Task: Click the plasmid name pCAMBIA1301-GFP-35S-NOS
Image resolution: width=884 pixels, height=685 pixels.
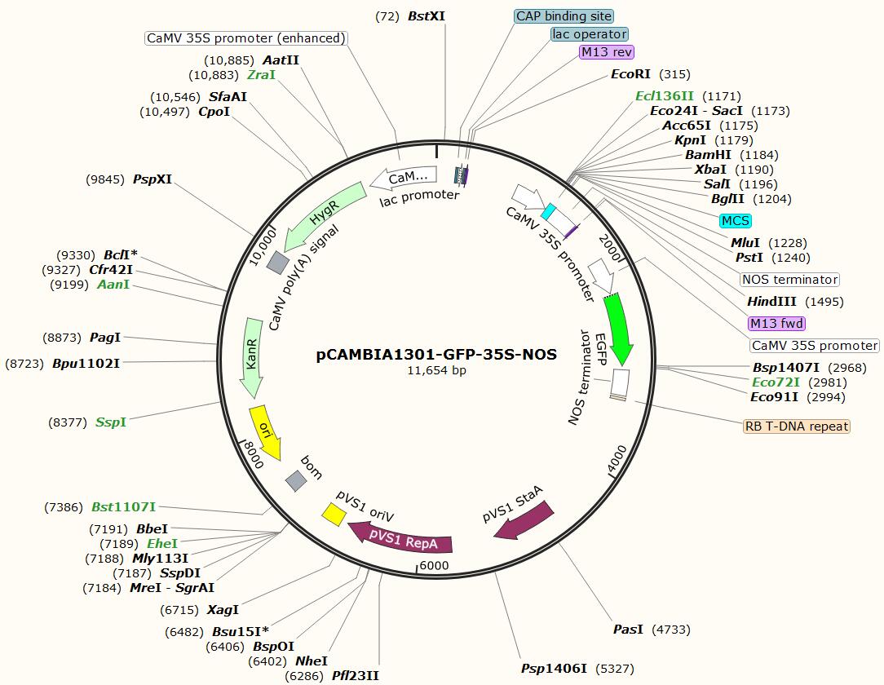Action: coord(436,355)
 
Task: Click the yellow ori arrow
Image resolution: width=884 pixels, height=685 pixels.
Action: coord(265,431)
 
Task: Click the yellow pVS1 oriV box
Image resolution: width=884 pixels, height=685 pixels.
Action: coord(333,514)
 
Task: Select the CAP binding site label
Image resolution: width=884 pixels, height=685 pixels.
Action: coord(564,15)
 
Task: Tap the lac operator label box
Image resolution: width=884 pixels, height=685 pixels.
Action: coord(590,34)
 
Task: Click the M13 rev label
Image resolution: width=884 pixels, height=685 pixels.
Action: coord(607,52)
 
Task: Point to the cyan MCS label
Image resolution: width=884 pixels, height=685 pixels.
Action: coord(735,221)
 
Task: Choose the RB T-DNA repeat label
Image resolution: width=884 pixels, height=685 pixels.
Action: coord(796,426)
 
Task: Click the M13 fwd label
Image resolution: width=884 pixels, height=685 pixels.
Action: coord(776,324)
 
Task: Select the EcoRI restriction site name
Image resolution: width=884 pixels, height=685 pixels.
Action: coord(631,74)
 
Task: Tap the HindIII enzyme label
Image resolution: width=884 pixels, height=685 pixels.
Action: coord(772,302)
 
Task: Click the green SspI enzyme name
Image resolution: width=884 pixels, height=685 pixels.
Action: coord(111,422)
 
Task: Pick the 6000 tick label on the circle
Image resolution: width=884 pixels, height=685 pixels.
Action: coord(435,566)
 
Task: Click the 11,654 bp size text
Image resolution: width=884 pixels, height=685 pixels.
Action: coord(436,370)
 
